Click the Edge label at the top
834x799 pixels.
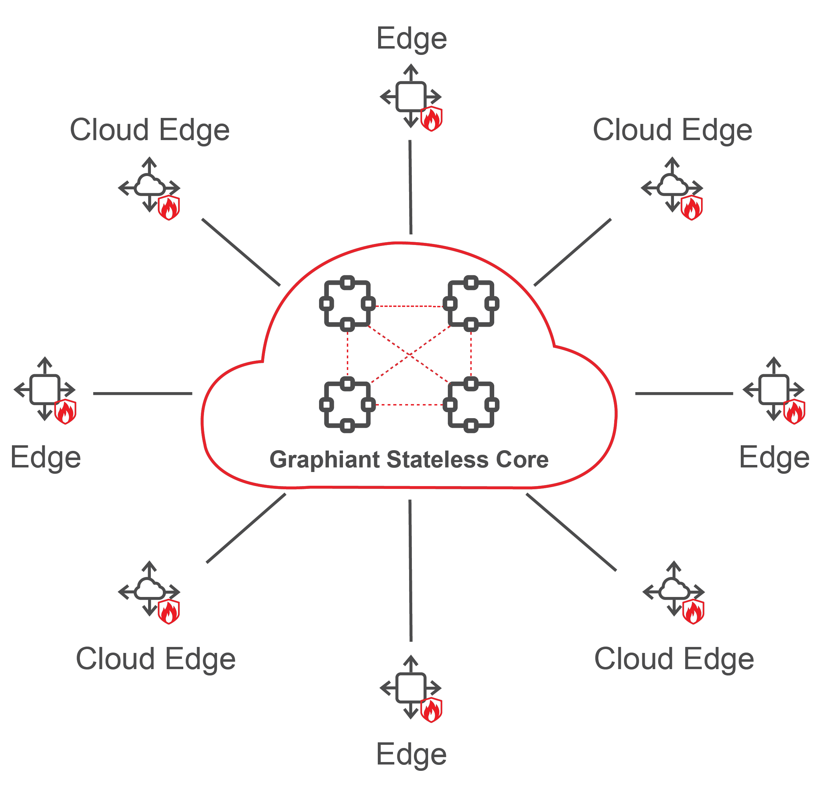[412, 39]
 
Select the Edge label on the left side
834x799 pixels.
[45, 458]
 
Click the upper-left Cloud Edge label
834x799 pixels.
[150, 130]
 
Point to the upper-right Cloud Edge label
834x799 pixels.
[672, 130]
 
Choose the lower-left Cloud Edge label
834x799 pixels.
[156, 659]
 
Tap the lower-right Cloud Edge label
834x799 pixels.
[674, 659]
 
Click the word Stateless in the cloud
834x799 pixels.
[438, 460]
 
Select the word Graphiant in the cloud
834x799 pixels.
[325, 460]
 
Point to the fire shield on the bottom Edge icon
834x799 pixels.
[432, 710]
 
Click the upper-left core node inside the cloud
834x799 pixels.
[347, 303]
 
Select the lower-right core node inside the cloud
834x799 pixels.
[471, 404]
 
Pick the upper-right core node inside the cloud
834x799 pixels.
[471, 303]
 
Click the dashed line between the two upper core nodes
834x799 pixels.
[408, 306]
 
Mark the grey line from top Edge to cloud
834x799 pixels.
[410, 187]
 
